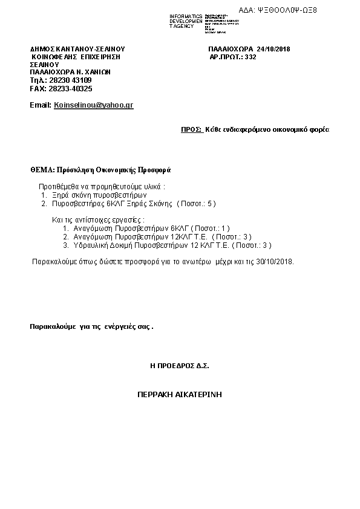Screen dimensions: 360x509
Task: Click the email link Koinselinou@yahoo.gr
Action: point(93,105)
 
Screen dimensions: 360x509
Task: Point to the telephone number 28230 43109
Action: point(70,80)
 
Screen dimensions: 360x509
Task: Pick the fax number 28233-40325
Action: point(70,88)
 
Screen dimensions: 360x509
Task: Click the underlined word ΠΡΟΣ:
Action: point(191,129)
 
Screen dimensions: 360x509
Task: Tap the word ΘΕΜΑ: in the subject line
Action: point(43,170)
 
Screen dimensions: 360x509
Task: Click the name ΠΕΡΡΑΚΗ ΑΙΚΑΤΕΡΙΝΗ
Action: point(179,394)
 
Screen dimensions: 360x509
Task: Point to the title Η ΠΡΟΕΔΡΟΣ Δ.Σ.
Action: point(180,366)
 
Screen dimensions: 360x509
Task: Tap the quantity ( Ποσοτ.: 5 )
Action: point(196,203)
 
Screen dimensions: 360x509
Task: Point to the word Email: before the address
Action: point(41,105)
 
